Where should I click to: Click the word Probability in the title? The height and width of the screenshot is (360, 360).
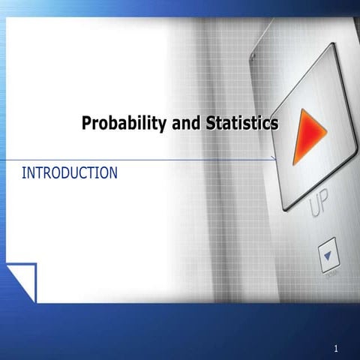124,123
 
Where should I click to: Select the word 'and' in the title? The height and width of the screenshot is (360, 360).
186,123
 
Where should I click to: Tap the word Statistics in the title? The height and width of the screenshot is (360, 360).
241,123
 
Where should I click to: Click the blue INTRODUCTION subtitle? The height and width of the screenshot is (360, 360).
70,173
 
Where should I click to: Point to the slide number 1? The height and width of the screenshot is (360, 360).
337,349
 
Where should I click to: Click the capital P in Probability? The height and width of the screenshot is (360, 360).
86,123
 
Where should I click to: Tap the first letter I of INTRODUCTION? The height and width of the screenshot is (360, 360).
24,173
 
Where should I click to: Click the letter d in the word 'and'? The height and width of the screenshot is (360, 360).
196,123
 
